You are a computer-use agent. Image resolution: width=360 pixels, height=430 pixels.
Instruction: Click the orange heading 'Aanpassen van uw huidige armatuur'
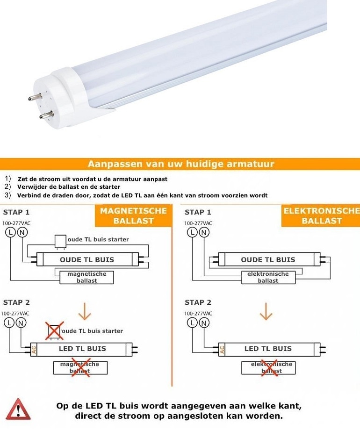[x=180, y=164]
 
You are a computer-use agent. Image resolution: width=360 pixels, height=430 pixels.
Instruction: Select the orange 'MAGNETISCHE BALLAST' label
[x=133, y=216]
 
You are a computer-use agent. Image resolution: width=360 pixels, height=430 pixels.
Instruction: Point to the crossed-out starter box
[x=54, y=331]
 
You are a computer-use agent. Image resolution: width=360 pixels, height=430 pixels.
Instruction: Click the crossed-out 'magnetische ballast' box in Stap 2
[x=80, y=367]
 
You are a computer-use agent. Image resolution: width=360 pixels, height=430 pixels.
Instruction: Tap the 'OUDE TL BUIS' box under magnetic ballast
[x=86, y=259]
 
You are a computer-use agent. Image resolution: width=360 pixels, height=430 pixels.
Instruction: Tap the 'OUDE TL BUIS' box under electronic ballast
[x=268, y=259]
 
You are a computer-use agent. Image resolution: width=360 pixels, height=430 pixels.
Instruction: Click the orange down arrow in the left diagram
[x=85, y=311]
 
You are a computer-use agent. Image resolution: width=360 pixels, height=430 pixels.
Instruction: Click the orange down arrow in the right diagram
[x=266, y=311]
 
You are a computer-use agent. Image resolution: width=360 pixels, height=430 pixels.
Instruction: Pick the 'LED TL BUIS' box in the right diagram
[x=268, y=349]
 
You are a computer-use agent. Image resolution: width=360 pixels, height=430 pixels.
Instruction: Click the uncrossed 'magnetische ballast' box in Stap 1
[x=86, y=277]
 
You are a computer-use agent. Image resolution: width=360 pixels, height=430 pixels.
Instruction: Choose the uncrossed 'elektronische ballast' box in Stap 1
[x=268, y=277]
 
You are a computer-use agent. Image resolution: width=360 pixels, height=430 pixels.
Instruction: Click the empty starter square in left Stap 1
[x=60, y=241]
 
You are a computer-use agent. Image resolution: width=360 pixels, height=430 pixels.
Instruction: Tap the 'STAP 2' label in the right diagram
[x=198, y=302]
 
